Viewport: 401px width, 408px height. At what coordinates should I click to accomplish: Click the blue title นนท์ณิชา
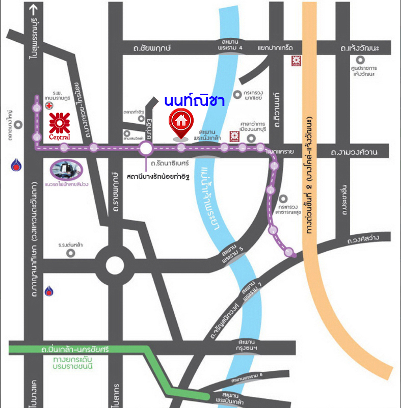coord(194,101)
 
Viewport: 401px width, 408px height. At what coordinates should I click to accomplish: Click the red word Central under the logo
coord(60,137)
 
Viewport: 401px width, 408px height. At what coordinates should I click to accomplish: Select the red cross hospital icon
coord(49,106)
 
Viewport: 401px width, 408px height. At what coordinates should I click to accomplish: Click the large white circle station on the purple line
coord(146,148)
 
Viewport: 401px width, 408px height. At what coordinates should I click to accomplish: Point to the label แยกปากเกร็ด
coord(276,48)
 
